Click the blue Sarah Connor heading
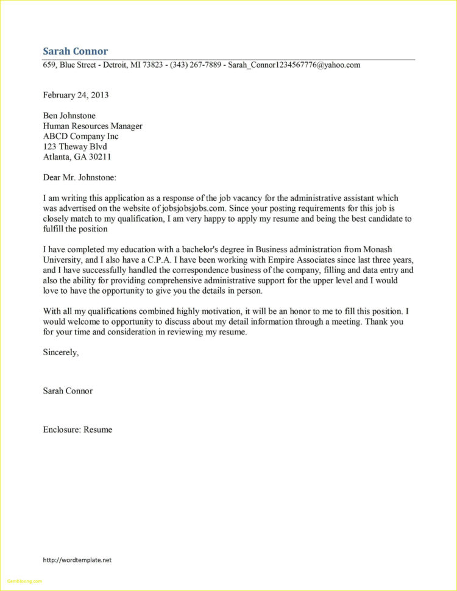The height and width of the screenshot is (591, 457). coord(75,51)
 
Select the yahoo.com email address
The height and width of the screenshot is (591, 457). coord(294,65)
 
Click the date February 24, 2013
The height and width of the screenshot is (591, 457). coord(76,95)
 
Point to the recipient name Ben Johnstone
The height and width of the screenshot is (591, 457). coord(69,116)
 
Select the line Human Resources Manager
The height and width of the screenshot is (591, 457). coord(93,126)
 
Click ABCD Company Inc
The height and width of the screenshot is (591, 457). coord(80,136)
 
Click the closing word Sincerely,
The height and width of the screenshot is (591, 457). coord(60,352)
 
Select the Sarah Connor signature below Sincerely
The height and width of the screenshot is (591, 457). coord(68,391)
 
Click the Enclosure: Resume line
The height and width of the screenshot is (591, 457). coord(77,430)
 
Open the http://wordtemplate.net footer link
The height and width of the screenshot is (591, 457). coord(77,560)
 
